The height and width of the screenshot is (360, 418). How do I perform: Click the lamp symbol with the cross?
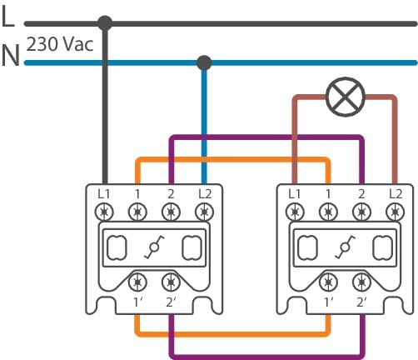pos(345,97)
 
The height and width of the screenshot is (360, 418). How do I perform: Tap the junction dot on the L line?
pos(105,23)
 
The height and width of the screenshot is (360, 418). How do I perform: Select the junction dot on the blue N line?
pos(204,62)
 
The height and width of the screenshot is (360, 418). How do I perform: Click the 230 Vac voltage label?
pos(60,44)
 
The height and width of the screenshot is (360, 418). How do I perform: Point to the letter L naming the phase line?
pos(8,16)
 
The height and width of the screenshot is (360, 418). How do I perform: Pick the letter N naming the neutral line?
pos(11,55)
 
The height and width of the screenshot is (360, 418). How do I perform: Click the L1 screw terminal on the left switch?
pos(104,212)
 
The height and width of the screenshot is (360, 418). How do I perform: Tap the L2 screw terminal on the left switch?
pos(205,212)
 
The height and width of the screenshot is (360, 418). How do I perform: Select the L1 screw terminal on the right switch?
pos(295,212)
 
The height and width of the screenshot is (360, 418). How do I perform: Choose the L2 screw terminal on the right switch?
pos(396,212)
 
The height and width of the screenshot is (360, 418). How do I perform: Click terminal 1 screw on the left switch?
pos(137,212)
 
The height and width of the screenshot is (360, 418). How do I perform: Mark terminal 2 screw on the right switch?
pos(361,212)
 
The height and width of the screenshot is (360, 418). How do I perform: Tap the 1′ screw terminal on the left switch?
pos(137,282)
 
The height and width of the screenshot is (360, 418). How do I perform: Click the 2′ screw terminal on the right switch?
pos(361,282)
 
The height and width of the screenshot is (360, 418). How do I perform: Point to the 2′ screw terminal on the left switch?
pos(171,282)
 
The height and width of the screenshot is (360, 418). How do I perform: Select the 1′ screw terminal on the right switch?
pos(328,282)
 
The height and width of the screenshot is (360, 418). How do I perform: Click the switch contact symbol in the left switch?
pos(154,247)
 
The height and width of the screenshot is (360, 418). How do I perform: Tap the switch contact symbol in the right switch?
pos(345,247)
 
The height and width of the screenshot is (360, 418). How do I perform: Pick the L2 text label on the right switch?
pos(396,194)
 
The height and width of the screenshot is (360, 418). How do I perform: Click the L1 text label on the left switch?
pos(104,194)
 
